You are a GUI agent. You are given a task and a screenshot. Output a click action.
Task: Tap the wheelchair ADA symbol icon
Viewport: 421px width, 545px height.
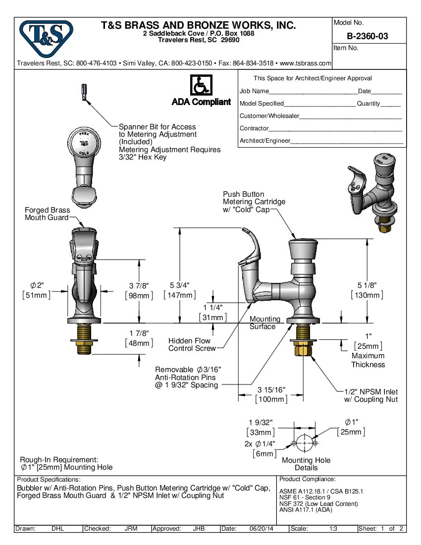(x=201, y=85)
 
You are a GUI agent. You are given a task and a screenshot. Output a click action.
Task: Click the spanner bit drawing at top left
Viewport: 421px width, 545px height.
(x=84, y=92)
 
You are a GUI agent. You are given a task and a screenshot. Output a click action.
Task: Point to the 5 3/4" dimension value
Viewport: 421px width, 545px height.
(x=180, y=285)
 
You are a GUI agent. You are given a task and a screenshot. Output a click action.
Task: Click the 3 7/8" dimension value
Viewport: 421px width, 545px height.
(x=139, y=286)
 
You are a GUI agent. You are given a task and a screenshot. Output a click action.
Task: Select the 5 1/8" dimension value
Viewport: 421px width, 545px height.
(x=367, y=286)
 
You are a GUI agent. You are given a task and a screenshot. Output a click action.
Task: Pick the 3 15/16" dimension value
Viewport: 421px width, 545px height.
(x=271, y=390)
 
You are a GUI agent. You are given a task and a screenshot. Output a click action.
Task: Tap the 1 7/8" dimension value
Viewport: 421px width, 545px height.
(x=139, y=333)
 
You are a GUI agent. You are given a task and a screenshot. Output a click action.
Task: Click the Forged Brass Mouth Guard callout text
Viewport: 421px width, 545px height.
(x=48, y=214)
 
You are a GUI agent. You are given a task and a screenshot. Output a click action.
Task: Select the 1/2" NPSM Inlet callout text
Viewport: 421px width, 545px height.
(x=371, y=395)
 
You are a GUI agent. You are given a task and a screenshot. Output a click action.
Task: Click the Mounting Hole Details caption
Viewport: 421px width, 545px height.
(x=306, y=464)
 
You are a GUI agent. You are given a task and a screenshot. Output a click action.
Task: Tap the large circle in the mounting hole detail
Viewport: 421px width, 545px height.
(x=304, y=442)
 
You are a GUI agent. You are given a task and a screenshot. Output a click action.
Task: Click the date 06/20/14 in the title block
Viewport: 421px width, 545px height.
(x=261, y=529)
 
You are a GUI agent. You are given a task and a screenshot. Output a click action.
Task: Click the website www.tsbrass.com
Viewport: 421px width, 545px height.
(x=305, y=63)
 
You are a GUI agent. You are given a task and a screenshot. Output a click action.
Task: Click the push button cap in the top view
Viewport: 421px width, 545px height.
(x=84, y=143)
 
